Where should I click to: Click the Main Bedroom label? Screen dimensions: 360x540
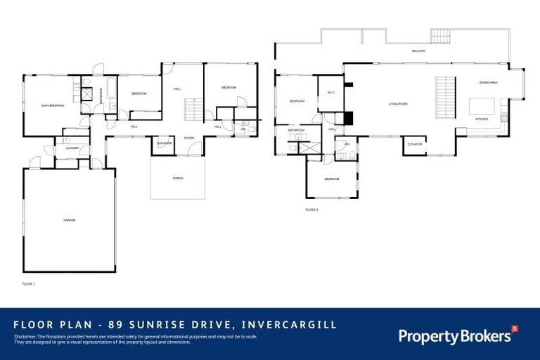[x=53, y=105]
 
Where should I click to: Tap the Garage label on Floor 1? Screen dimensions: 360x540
[x=69, y=220]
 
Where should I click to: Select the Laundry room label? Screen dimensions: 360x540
[x=72, y=148]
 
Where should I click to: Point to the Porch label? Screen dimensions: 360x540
[x=178, y=178]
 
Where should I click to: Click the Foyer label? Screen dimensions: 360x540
[x=189, y=138]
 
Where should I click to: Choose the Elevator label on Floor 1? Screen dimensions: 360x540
[x=165, y=143]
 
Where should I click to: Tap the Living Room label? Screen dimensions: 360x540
[x=398, y=104]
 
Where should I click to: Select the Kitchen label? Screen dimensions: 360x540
[x=482, y=119]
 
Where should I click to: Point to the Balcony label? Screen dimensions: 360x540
[x=420, y=51]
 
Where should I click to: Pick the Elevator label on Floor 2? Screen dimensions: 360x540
[x=415, y=144]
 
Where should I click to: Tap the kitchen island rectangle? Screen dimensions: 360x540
[x=482, y=106]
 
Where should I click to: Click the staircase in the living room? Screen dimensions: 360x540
[x=444, y=98]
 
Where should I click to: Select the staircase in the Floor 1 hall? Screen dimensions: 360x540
[x=193, y=110]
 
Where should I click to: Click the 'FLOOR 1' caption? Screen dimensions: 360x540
[x=28, y=283]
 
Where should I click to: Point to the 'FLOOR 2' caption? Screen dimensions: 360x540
[x=311, y=210]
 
